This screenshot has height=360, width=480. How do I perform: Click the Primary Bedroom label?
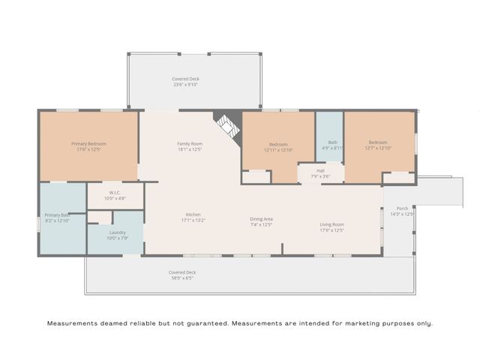88,143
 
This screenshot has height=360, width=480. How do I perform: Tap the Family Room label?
190,143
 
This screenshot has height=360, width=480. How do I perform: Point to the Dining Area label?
261,218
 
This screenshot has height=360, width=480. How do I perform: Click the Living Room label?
331,224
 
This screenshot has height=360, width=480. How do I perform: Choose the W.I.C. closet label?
115,192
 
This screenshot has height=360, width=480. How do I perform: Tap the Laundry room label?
118,232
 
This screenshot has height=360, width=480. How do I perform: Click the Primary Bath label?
57,215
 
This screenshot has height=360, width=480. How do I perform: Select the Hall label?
320,170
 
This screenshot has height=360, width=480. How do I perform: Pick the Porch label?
403,208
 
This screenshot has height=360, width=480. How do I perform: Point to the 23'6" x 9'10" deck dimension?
185,85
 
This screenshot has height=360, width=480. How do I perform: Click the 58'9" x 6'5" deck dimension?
182,278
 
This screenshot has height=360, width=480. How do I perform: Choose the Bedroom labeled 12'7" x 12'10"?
377,145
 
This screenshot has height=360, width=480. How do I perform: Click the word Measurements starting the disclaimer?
71,323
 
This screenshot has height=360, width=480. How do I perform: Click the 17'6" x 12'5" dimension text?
88,149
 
